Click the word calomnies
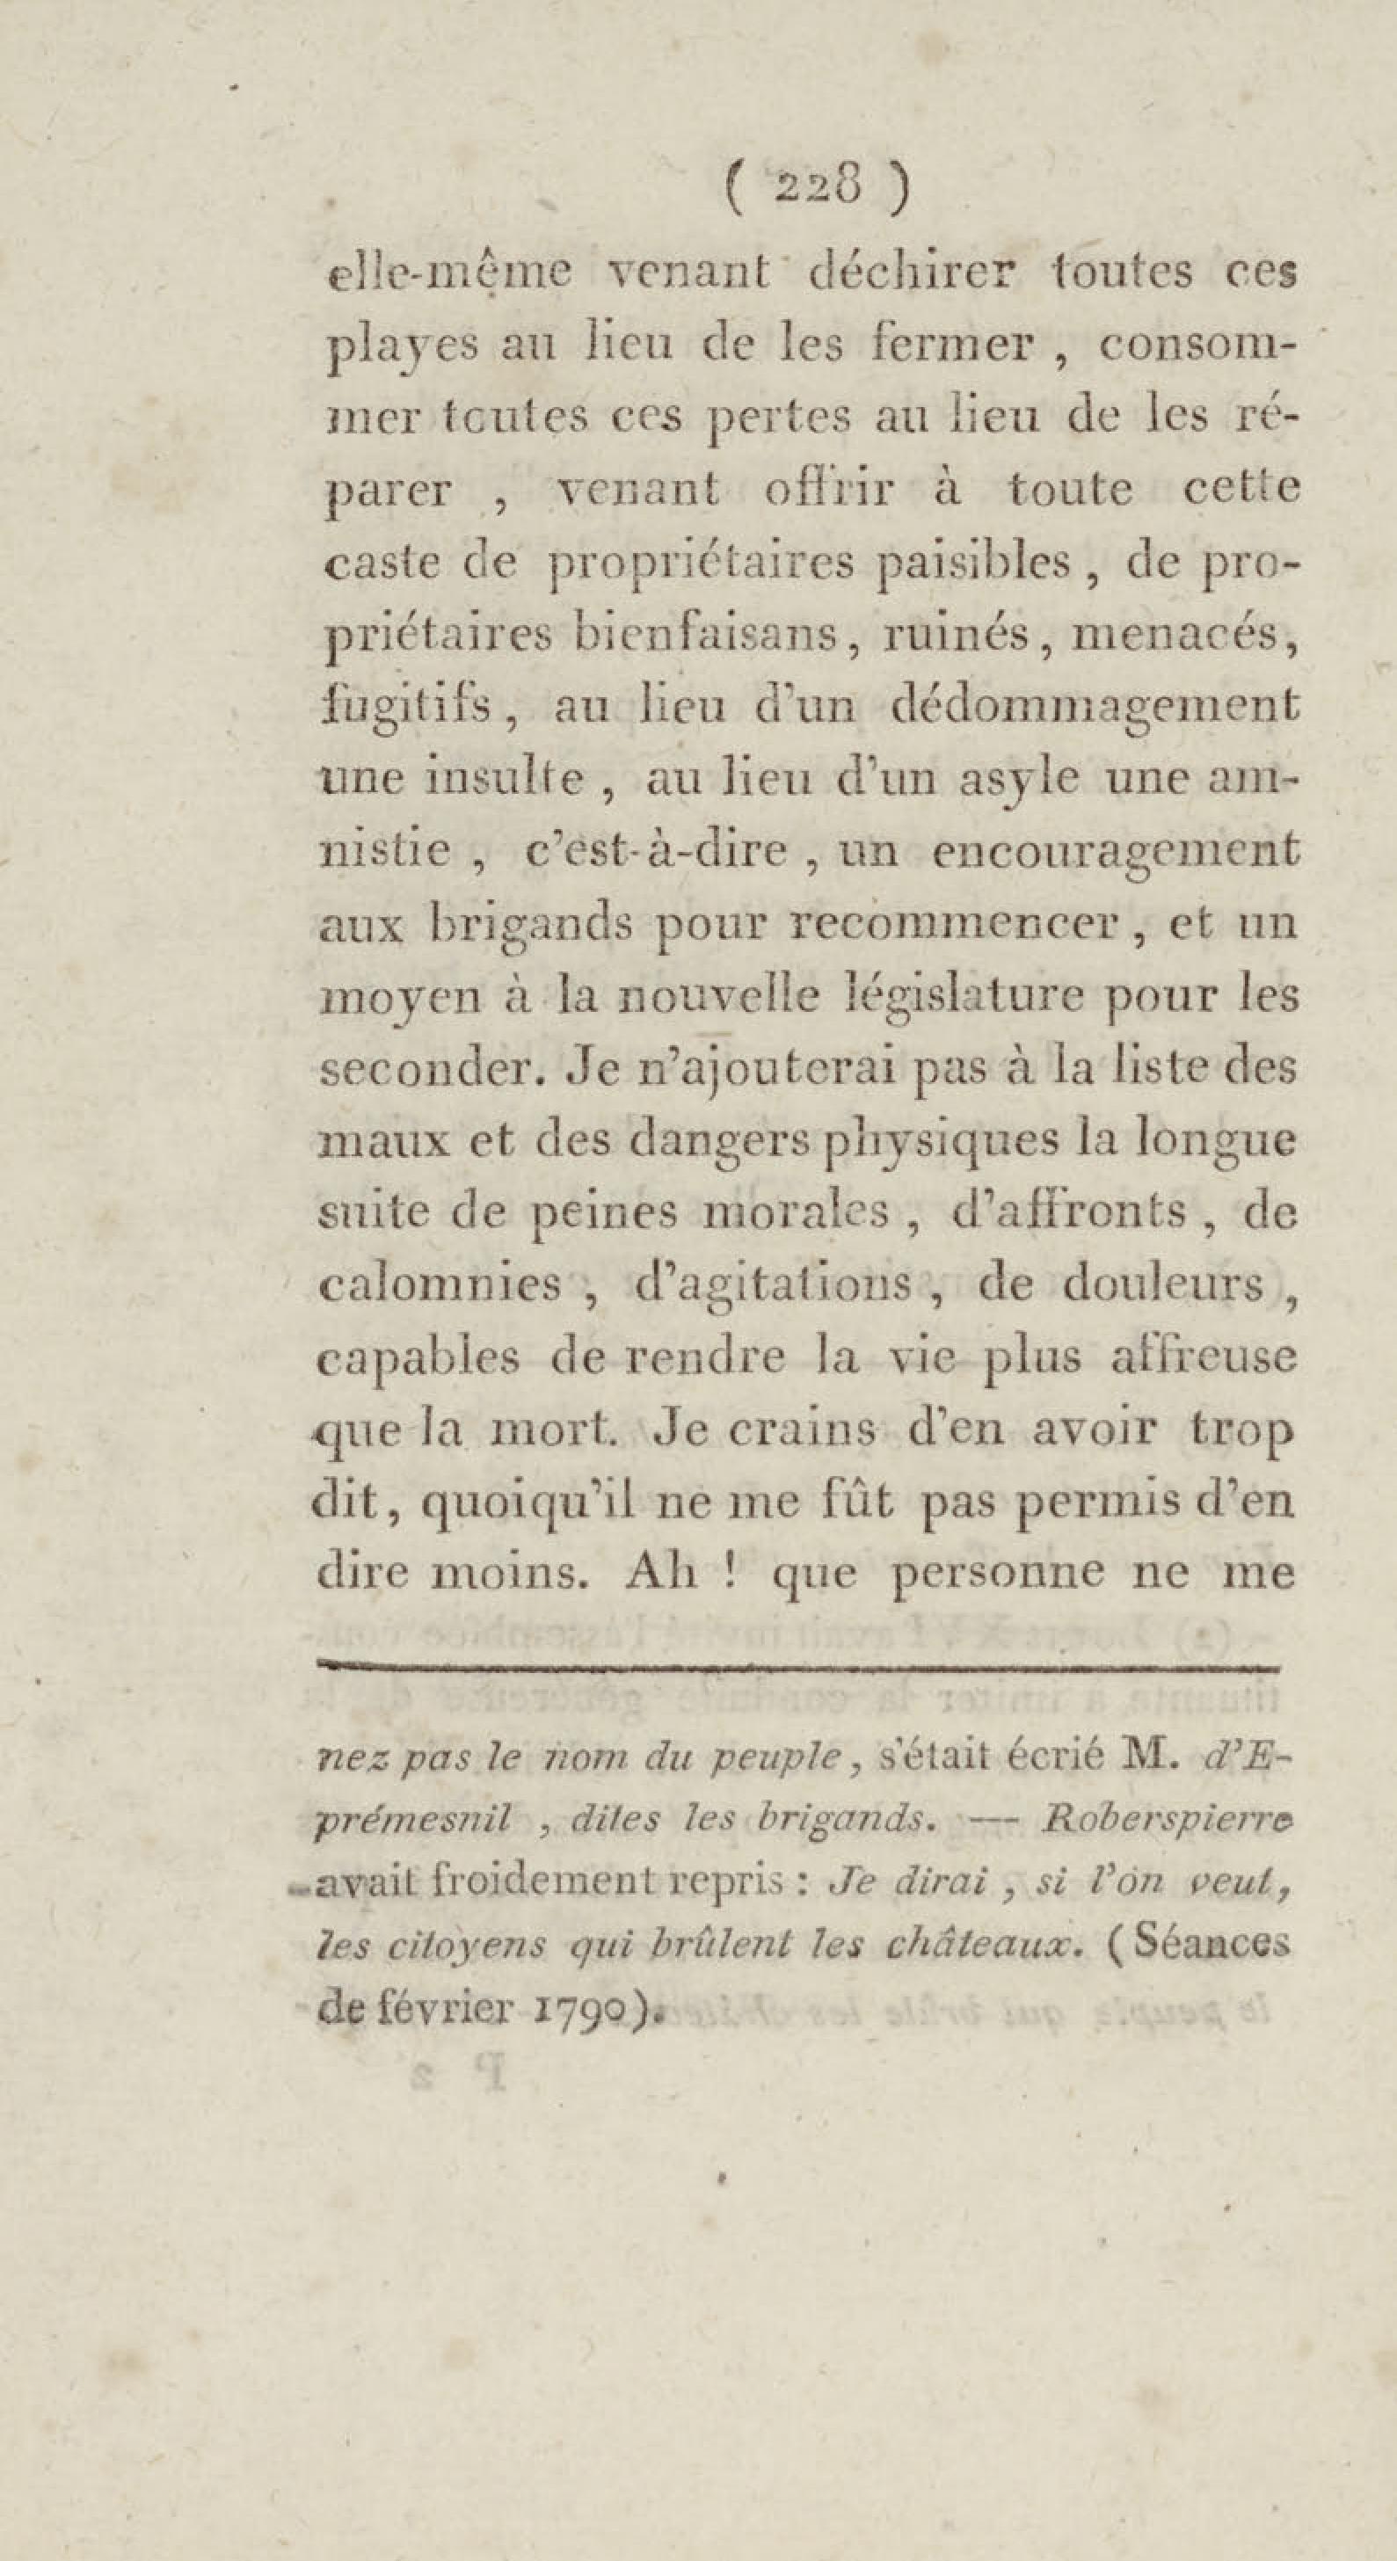440,1285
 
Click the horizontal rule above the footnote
796,1663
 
